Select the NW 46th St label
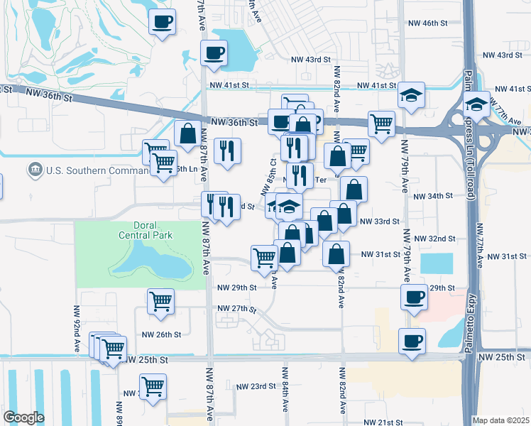coord(429,23)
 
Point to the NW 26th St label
coord(162,334)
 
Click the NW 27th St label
coord(237,309)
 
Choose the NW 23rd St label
coord(257,386)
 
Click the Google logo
coord(23,417)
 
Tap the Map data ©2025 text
coord(500,420)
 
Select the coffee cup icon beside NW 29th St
coord(414,297)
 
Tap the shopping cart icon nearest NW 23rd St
coord(153,387)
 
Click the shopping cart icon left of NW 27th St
coord(160,300)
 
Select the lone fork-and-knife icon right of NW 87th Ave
coord(228,150)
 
